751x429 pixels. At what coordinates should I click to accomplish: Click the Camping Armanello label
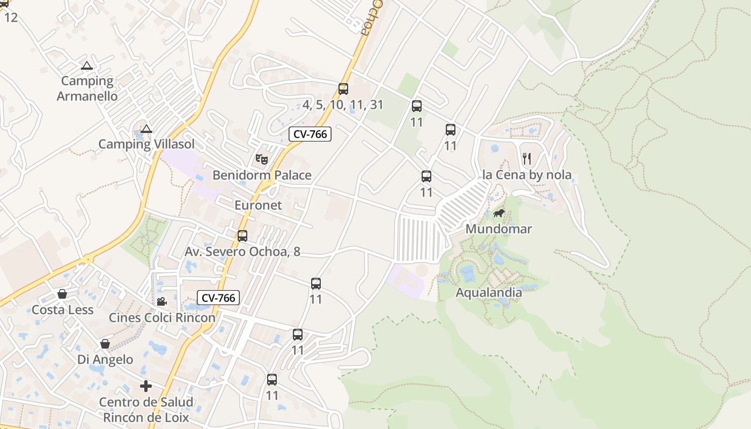coord(87,88)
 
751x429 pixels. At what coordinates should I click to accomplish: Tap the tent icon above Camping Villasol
coord(146,129)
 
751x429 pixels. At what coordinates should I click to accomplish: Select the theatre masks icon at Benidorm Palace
coord(261,159)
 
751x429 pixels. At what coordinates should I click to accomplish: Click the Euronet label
coord(258,205)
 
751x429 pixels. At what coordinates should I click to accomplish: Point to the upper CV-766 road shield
coord(310,134)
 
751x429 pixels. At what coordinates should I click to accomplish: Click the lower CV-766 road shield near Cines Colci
coord(218,298)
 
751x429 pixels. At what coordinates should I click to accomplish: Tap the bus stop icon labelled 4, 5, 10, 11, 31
coord(343,89)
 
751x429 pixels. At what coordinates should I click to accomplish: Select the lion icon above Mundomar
coord(499,213)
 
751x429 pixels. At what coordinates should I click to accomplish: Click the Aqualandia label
coord(489,292)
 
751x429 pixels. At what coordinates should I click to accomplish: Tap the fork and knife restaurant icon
coord(527,158)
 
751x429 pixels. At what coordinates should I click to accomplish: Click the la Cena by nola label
coord(527,175)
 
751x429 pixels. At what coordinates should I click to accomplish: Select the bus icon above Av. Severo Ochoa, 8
coord(242,235)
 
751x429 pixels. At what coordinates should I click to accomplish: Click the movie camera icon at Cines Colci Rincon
coord(161,301)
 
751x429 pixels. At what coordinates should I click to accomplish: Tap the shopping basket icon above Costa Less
coord(62,294)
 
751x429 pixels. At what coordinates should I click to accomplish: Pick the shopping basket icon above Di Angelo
coord(105,343)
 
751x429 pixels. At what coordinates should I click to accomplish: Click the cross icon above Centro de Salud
coord(146,386)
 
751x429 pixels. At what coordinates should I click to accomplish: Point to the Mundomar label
coord(498,229)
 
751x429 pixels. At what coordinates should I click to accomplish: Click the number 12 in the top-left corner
coord(11,17)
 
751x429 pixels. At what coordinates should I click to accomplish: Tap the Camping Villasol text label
coord(146,144)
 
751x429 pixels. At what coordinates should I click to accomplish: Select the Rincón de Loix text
coord(146,417)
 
